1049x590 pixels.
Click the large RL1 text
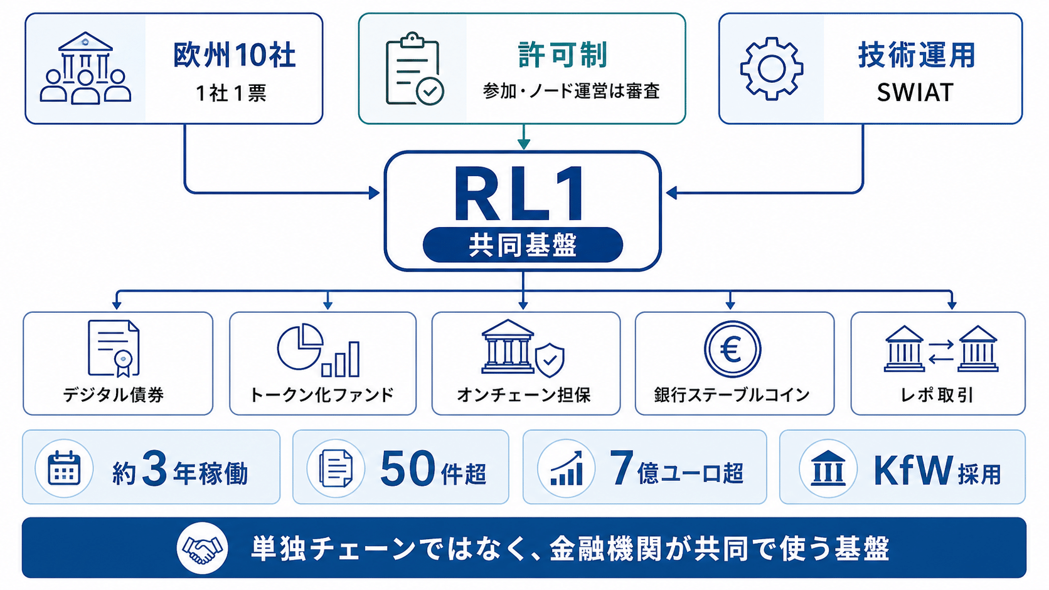pyautogui.click(x=520, y=193)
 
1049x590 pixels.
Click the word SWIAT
pyautogui.click(x=915, y=92)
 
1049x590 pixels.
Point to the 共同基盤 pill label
pyautogui.click(x=523, y=245)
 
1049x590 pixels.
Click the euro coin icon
pyautogui.click(x=732, y=349)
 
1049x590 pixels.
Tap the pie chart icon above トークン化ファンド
pyautogui.click(x=300, y=347)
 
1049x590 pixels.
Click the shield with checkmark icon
pyautogui.click(x=550, y=360)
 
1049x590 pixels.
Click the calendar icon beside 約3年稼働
pyautogui.click(x=64, y=468)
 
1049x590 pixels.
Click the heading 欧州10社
pyautogui.click(x=234, y=55)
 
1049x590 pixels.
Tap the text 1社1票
pyautogui.click(x=231, y=93)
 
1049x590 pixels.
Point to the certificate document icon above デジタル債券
pyautogui.click(x=114, y=349)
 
